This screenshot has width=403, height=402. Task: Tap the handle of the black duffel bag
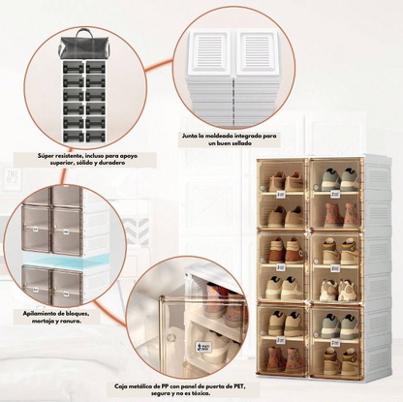(84, 33)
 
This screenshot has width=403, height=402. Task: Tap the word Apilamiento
(41, 314)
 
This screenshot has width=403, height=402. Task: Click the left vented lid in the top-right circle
(211, 52)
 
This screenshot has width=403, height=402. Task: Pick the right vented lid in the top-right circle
(258, 51)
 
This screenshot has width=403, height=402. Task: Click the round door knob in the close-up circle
(170, 338)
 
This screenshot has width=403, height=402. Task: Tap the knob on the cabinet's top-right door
(315, 188)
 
